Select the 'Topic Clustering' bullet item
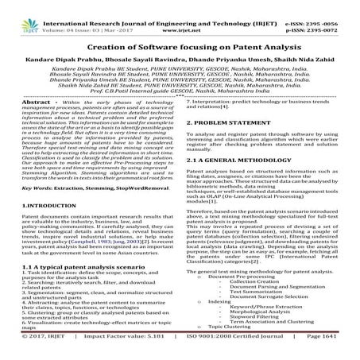[x=234, y=348]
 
